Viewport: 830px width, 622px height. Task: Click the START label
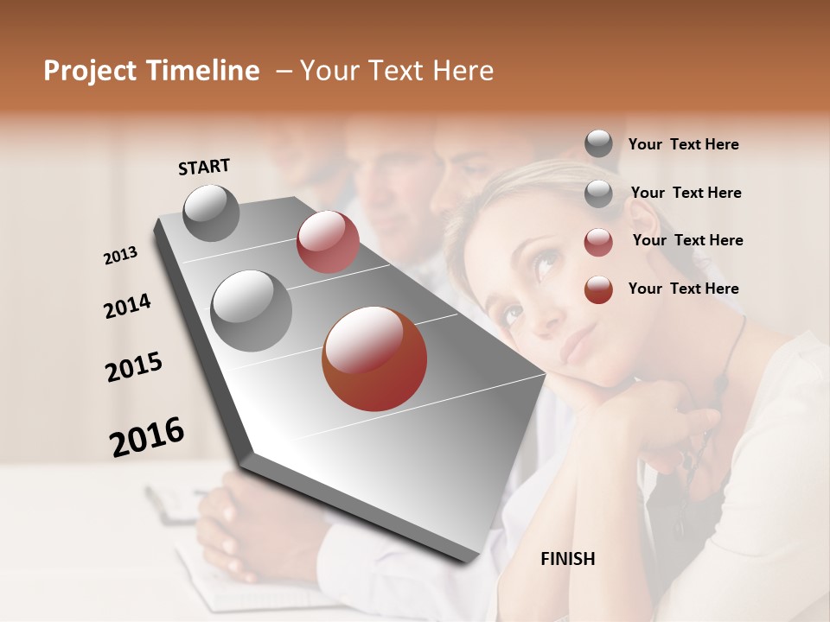tap(204, 167)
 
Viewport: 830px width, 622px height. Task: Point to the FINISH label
tap(567, 559)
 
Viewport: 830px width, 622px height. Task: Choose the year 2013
tap(121, 256)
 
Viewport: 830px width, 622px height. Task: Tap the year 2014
tap(127, 307)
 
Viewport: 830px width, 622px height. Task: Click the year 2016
tap(147, 437)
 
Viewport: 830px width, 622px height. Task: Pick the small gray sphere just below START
tap(211, 213)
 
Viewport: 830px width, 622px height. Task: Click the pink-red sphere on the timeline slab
tap(328, 242)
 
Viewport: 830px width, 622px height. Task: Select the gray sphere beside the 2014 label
tap(252, 311)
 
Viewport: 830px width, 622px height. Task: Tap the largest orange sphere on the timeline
tap(374, 359)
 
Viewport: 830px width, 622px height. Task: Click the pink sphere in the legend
tap(598, 242)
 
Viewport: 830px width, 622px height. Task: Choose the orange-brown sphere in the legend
tap(598, 289)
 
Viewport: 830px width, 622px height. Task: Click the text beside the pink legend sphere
tap(687, 240)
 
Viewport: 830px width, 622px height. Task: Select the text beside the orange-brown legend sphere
tap(683, 289)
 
